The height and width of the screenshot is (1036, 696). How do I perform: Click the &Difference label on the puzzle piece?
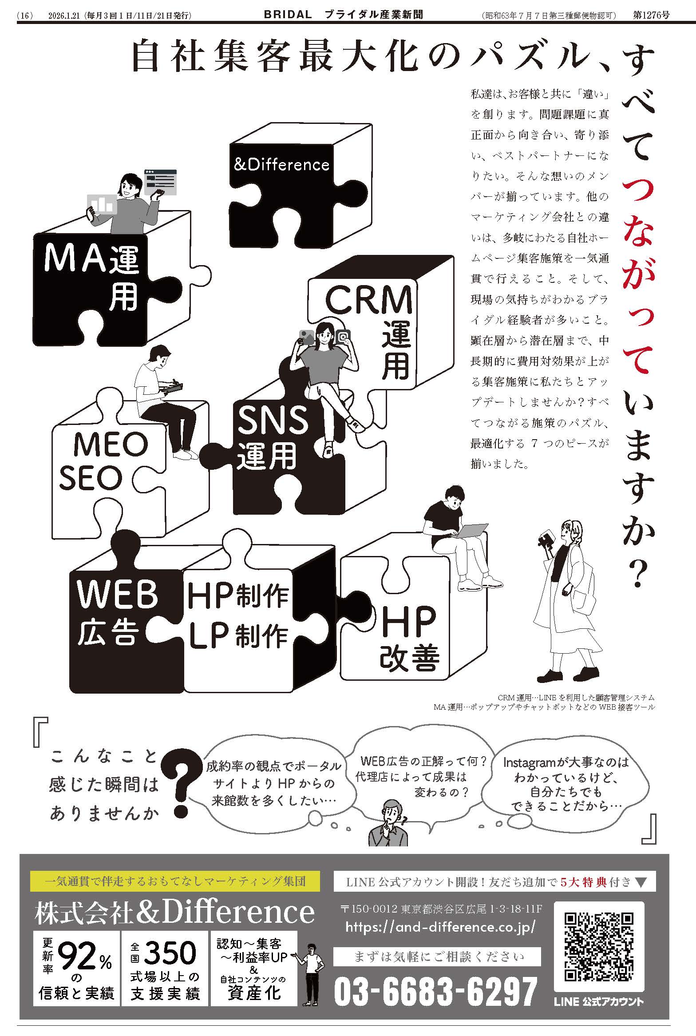pos(281,165)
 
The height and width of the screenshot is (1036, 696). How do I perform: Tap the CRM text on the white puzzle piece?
pos(369,300)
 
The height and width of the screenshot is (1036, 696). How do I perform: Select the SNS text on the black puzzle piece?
pos(273,420)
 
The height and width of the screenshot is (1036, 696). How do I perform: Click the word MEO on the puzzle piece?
pos(111,444)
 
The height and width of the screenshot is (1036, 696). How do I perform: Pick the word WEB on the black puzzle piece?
pos(117,594)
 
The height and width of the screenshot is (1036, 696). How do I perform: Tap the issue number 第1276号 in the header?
pos(651,15)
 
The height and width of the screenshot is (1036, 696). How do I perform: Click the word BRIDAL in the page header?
pos(288,15)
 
